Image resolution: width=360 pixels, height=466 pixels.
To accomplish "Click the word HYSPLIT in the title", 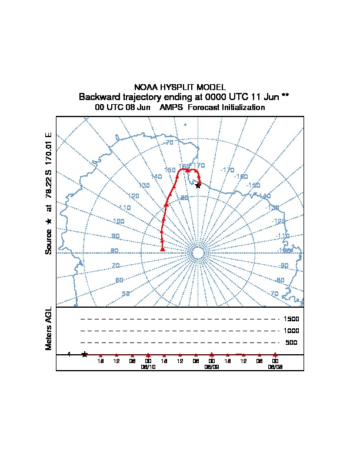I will point(180,87).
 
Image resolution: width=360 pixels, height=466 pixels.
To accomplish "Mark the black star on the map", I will point(198,185).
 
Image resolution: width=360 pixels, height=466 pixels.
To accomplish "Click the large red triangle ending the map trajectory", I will point(162,249).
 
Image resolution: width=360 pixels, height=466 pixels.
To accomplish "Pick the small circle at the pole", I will point(198,253).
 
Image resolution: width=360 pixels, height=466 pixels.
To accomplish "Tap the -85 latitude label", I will point(184,198).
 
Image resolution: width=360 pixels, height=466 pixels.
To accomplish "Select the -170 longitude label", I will point(227,170).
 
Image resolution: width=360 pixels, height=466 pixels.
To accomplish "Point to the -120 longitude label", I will point(279,221).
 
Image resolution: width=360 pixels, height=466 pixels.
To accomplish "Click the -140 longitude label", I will point(265,197).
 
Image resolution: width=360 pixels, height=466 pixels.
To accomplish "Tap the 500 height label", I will point(291,342).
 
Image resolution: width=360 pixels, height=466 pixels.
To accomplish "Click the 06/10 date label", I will point(148,366).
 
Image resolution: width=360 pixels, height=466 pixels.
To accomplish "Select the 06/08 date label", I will point(275,366).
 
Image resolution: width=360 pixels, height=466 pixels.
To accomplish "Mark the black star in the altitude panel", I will point(85,354).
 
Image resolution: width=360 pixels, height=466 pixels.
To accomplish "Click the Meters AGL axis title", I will point(49,328).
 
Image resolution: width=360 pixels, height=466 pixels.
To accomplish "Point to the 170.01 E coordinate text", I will point(49,149).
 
